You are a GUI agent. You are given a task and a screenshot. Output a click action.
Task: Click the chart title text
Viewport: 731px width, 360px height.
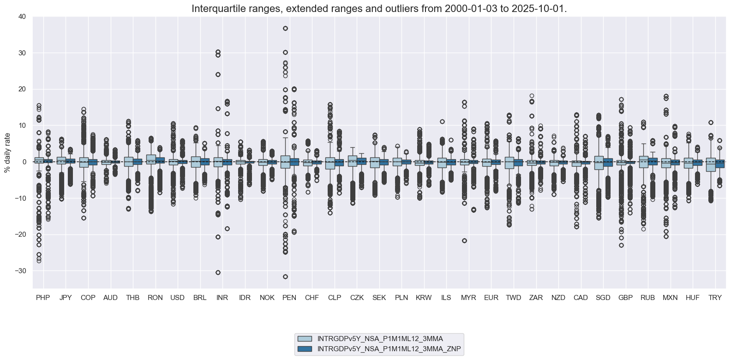[379, 9]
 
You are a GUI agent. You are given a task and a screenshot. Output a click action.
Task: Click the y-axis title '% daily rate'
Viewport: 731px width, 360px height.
[7, 153]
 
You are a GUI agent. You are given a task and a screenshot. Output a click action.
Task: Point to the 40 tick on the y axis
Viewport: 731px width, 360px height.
[22, 17]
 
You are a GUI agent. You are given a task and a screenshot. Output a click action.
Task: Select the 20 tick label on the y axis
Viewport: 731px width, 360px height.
[22, 89]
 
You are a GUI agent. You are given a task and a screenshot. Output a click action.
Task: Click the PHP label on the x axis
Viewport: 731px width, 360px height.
[43, 298]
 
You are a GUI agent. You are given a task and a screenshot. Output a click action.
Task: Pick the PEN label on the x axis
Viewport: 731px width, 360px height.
[289, 298]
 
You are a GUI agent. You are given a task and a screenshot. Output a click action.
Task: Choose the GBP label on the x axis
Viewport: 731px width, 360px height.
[625, 298]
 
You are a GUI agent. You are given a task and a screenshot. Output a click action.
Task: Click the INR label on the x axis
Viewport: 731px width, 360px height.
[222, 298]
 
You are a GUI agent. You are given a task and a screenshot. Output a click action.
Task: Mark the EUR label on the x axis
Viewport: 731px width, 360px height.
[491, 298]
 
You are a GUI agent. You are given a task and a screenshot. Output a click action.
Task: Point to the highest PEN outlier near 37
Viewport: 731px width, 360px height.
[285, 29]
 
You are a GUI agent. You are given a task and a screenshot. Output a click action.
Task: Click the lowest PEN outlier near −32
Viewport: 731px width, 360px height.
[285, 276]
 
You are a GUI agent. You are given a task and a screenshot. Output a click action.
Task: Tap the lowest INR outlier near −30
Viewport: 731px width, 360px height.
[218, 272]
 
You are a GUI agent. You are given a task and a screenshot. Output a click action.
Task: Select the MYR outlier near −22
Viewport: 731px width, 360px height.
[464, 240]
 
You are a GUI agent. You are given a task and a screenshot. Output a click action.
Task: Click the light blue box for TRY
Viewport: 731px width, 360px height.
[711, 165]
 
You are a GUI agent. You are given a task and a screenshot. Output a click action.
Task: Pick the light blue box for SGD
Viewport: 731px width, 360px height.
[599, 163]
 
